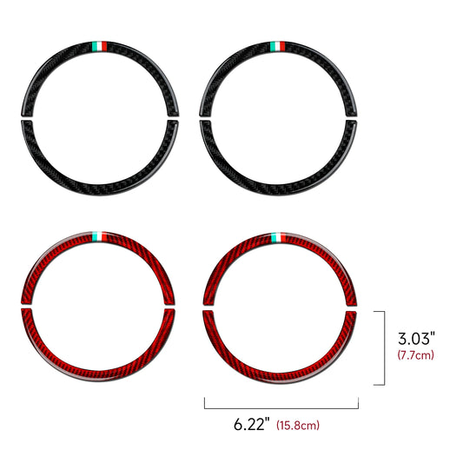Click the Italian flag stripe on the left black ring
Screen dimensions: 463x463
coord(100,46)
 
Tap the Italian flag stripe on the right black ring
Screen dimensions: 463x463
coord(278,46)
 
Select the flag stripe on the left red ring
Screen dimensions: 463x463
coord(100,236)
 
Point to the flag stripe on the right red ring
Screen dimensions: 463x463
coord(279,238)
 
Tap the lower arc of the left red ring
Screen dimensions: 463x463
coord(98,375)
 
